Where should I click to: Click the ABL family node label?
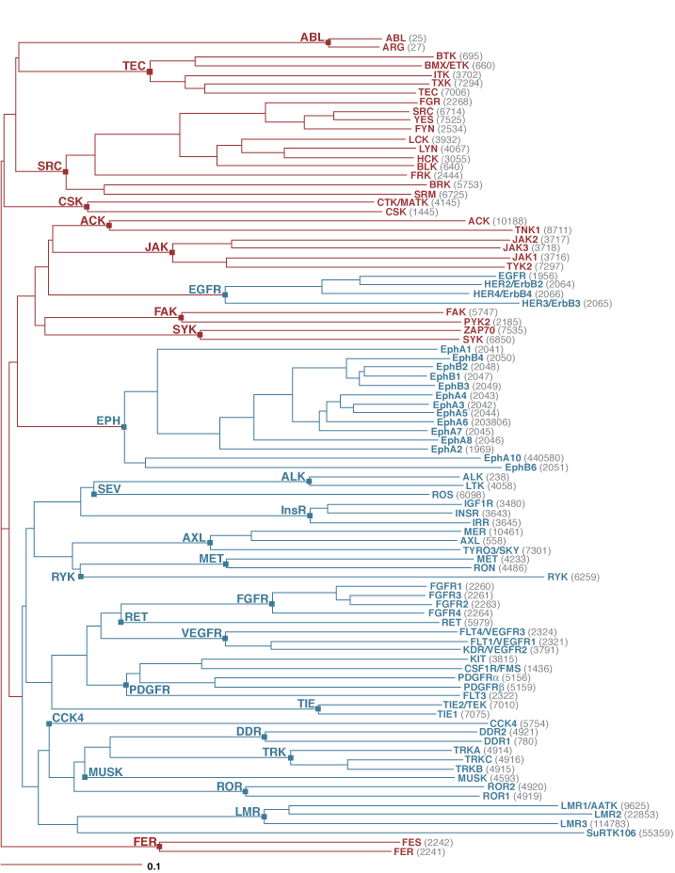312,38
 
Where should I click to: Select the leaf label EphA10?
503,458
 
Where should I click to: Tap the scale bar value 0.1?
152,863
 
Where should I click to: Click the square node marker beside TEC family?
149,71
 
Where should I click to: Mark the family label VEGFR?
201,633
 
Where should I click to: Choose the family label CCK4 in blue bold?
68,718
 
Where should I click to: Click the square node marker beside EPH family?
123,427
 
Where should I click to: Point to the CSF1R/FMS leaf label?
463,668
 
